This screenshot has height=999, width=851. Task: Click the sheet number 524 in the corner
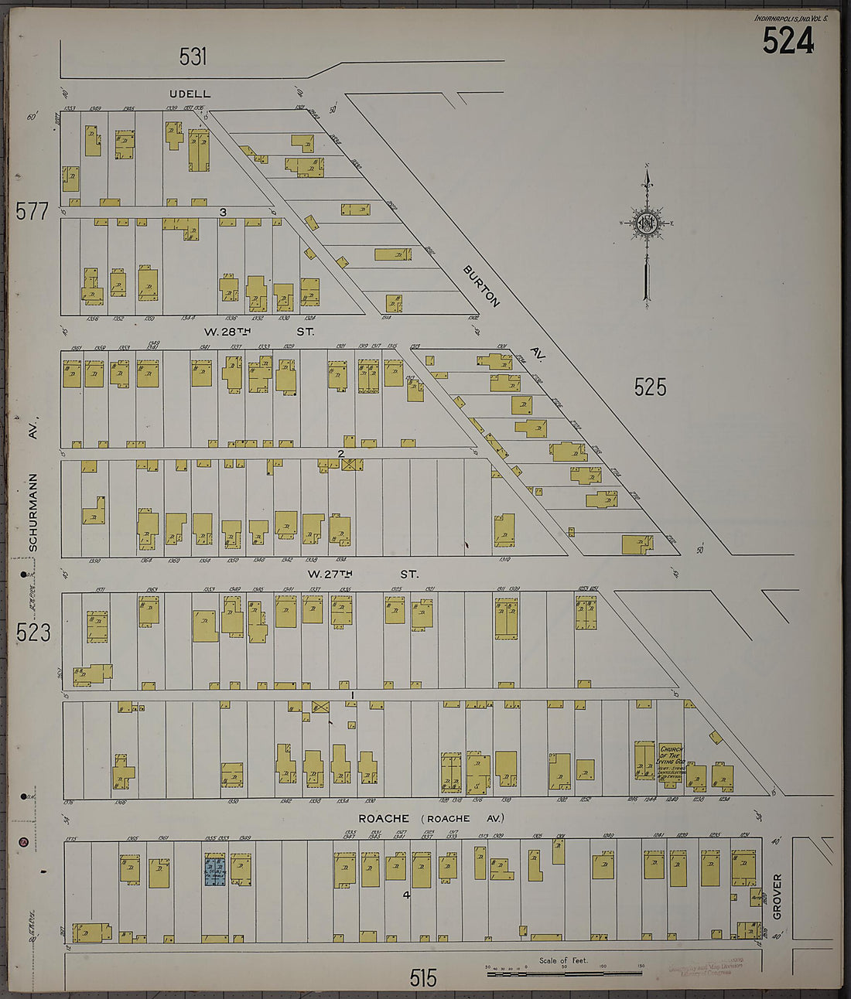pyautogui.click(x=788, y=41)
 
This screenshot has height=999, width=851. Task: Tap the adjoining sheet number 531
pyautogui.click(x=193, y=56)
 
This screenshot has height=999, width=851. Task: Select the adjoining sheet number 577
pyautogui.click(x=32, y=211)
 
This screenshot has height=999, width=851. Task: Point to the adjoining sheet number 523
pyautogui.click(x=33, y=633)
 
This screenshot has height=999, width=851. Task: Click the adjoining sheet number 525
pyautogui.click(x=650, y=387)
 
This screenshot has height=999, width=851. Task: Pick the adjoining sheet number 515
pyautogui.click(x=423, y=978)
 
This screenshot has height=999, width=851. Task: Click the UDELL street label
pyautogui.click(x=190, y=94)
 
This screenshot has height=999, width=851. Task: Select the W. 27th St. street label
pyautogui.click(x=362, y=575)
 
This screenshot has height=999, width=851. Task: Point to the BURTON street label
pyautogui.click(x=482, y=286)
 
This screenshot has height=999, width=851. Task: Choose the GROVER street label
pyautogui.click(x=777, y=896)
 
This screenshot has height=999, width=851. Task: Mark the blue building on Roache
pyautogui.click(x=214, y=870)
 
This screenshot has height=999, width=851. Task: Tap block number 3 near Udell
pyautogui.click(x=223, y=213)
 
